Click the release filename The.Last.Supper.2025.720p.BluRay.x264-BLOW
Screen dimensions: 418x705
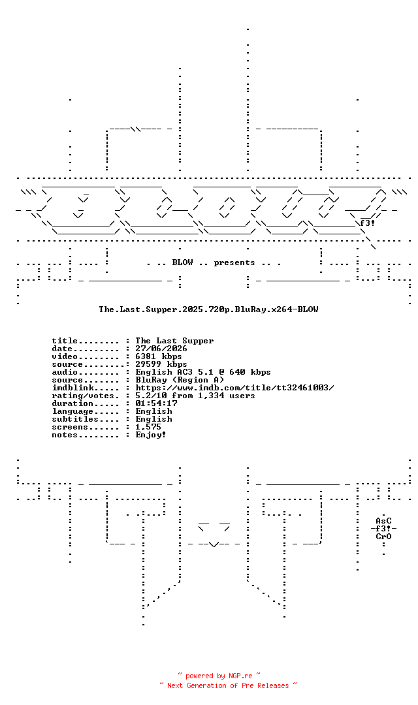[x=208, y=309]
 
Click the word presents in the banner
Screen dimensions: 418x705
[x=234, y=262]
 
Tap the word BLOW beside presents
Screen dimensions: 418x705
[x=182, y=262]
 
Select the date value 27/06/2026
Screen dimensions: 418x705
[x=161, y=349]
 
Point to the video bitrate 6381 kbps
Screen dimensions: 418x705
[x=158, y=356]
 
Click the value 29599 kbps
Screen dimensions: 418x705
[x=161, y=364]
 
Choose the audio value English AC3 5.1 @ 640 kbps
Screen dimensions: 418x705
[x=203, y=372]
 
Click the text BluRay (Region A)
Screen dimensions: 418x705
[x=180, y=380]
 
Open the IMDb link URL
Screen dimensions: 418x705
[x=234, y=388]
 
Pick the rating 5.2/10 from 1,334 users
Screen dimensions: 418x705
[x=195, y=396]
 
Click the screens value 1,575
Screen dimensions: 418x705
[x=148, y=427]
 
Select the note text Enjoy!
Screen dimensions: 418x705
[x=151, y=435]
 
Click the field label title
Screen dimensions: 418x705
[x=65, y=341]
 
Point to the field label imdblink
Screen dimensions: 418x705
[x=73, y=388]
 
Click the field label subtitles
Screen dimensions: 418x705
[x=75, y=419]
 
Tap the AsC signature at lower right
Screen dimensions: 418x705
[x=384, y=521]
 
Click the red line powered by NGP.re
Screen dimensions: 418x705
[x=219, y=676]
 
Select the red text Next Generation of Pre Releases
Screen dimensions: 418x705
[x=228, y=685]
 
